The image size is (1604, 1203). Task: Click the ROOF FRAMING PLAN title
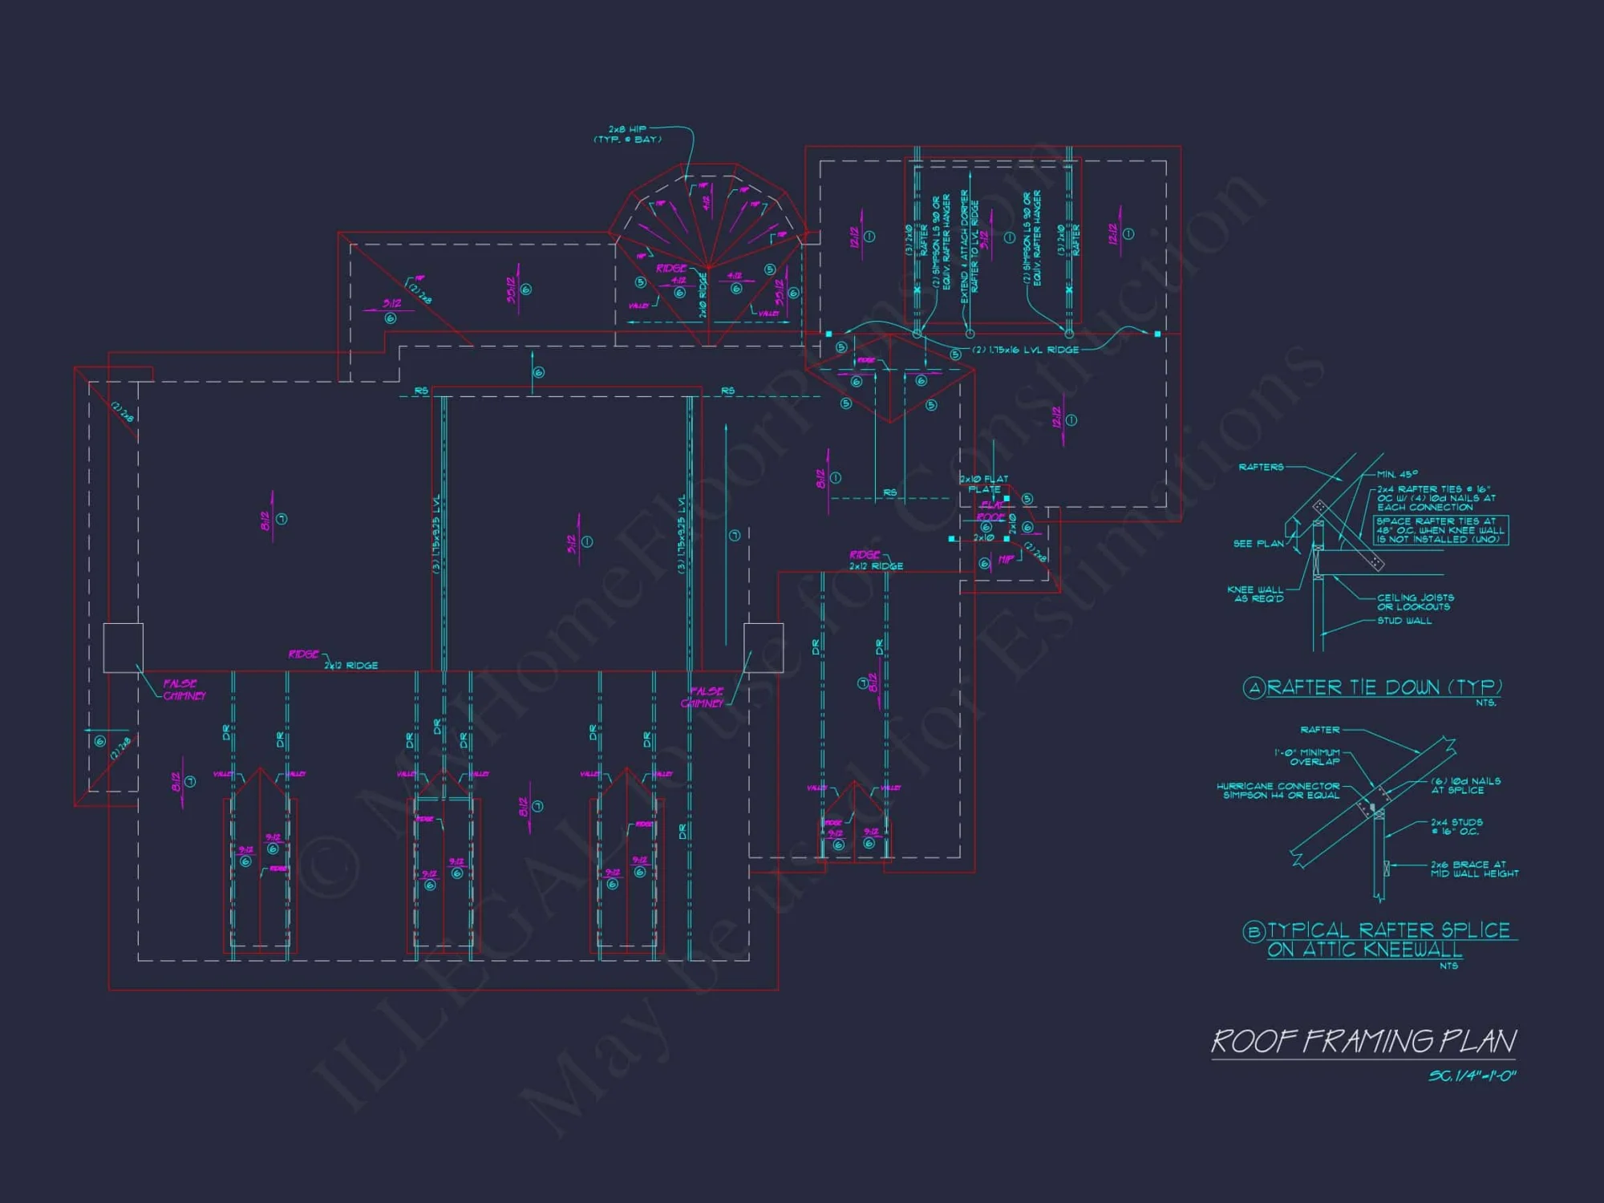1363,1041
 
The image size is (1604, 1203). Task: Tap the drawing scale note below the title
1472,1075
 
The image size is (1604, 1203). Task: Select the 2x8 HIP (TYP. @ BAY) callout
628,134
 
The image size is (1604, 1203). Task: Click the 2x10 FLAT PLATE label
984,484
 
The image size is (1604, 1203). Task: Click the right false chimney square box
764,647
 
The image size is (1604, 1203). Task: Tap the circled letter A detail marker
1254,688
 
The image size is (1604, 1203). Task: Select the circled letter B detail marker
1254,931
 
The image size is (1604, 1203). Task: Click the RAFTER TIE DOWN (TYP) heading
1384,687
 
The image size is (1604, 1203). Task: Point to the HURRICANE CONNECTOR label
1278,791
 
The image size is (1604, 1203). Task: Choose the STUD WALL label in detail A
1404,621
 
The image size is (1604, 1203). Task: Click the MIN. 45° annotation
1397,474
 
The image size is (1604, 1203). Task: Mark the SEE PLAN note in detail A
1258,544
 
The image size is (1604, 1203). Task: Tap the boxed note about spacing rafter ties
1441,530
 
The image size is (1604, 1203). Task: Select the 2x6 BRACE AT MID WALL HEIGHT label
1474,869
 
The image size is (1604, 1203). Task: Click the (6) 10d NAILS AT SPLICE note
1465,785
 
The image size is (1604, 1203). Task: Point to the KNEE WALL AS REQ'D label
1255,594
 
